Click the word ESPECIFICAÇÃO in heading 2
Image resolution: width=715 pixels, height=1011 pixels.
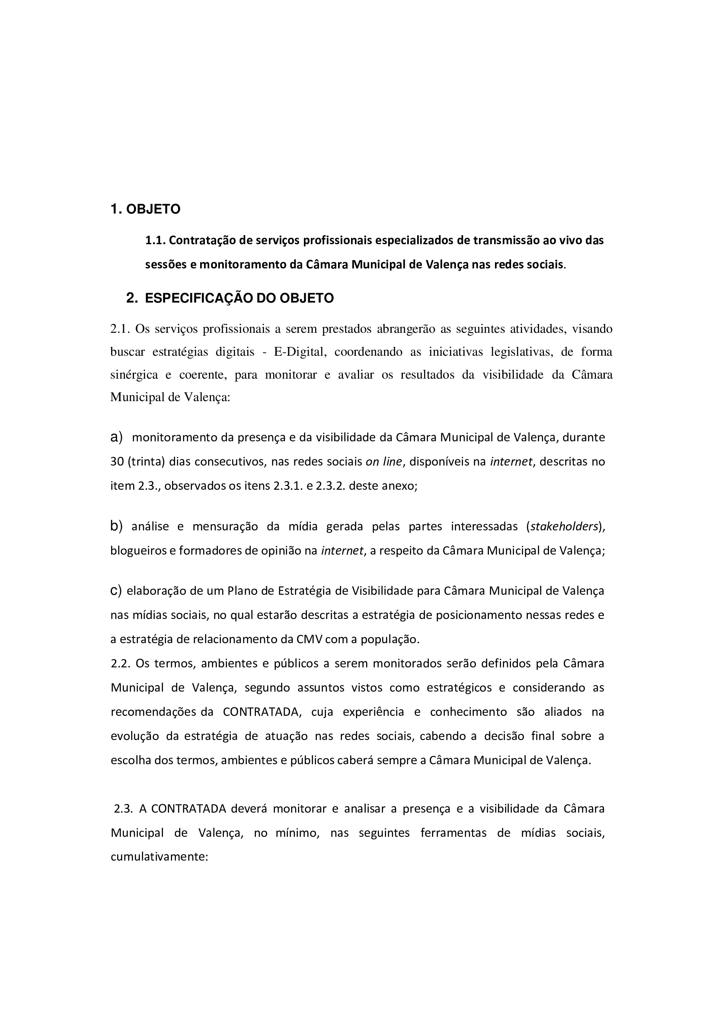pos(199,298)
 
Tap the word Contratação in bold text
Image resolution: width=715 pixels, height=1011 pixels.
pos(203,240)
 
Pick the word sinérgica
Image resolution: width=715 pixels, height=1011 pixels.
pos(134,375)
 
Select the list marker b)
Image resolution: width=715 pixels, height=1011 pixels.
pos(116,526)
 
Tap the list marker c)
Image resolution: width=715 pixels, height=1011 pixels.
pos(116,590)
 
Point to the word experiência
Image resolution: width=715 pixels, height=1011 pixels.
pos(373,711)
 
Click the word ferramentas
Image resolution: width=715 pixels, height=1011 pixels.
pos(453,832)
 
